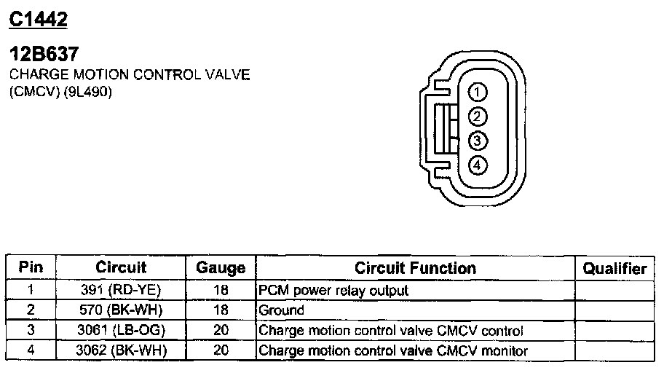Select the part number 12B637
point(43,55)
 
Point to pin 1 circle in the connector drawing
point(477,92)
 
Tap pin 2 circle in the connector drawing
point(477,116)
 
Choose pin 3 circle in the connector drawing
point(477,141)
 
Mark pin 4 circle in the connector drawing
point(477,165)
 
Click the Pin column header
point(31,267)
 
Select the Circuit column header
point(121,267)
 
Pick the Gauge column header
point(221,268)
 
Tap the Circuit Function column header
point(415,267)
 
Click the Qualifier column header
point(614,268)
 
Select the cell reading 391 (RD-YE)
point(121,290)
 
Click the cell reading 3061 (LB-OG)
point(121,331)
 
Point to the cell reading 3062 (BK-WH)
point(121,351)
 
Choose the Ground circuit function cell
point(282,310)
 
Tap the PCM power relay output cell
point(333,290)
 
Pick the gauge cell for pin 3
point(221,331)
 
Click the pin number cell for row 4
point(31,351)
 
